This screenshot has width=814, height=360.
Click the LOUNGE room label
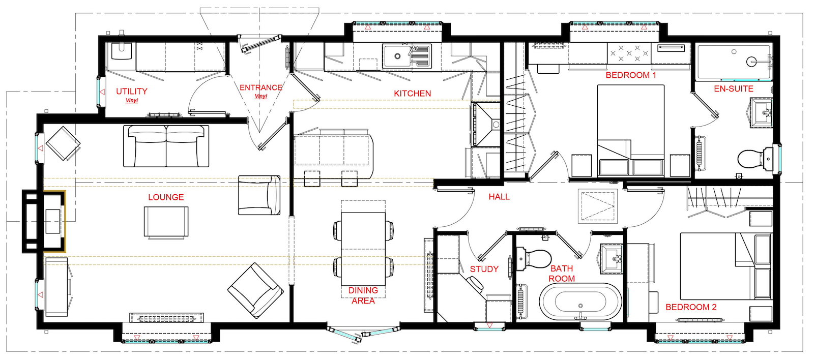[x=166, y=197]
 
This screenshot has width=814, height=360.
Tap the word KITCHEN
[x=412, y=94]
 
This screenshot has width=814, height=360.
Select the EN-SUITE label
[x=733, y=88]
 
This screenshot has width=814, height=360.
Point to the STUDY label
[x=484, y=269]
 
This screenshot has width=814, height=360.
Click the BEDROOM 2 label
[x=691, y=307]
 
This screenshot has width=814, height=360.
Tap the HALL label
[x=499, y=197]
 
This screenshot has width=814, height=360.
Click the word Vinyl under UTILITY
[x=132, y=100]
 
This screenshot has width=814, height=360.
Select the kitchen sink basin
[x=397, y=56]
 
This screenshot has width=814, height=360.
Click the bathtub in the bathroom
[x=580, y=302]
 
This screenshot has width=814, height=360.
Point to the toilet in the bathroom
[x=534, y=258]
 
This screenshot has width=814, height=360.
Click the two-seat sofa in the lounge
[x=166, y=145]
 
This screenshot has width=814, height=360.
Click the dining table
[x=363, y=249]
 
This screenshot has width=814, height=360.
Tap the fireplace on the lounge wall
[x=44, y=221]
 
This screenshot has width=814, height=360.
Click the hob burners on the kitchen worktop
[x=629, y=53]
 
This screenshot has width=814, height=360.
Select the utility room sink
[x=122, y=51]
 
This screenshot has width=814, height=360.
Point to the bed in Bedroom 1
[x=630, y=131]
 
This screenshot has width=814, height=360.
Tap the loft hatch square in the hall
[x=598, y=205]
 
